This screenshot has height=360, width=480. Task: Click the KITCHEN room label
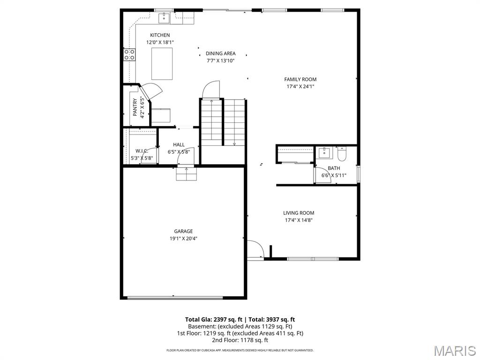click(x=160, y=35)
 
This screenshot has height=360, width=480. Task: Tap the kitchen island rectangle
click(x=162, y=63)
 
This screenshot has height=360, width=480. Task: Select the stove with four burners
click(x=130, y=54)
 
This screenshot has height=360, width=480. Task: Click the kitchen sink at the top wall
click(x=165, y=18)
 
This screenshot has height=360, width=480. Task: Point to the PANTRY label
click(x=135, y=107)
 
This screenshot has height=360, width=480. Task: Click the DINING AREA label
click(x=220, y=53)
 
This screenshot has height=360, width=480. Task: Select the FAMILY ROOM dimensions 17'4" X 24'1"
click(x=300, y=87)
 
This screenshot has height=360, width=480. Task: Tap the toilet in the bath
click(x=341, y=153)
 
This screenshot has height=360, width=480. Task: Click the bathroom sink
click(x=325, y=153)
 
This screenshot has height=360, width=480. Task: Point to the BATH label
click(x=334, y=168)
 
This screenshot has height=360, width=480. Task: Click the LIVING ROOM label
click(x=299, y=213)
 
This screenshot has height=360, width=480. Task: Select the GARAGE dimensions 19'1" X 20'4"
click(x=183, y=239)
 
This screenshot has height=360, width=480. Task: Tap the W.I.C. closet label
click(x=142, y=151)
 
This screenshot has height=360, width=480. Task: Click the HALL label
click(x=179, y=145)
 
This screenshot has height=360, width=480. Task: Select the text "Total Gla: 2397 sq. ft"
click(x=213, y=320)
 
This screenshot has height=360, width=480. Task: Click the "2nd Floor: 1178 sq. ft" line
click(x=240, y=340)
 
